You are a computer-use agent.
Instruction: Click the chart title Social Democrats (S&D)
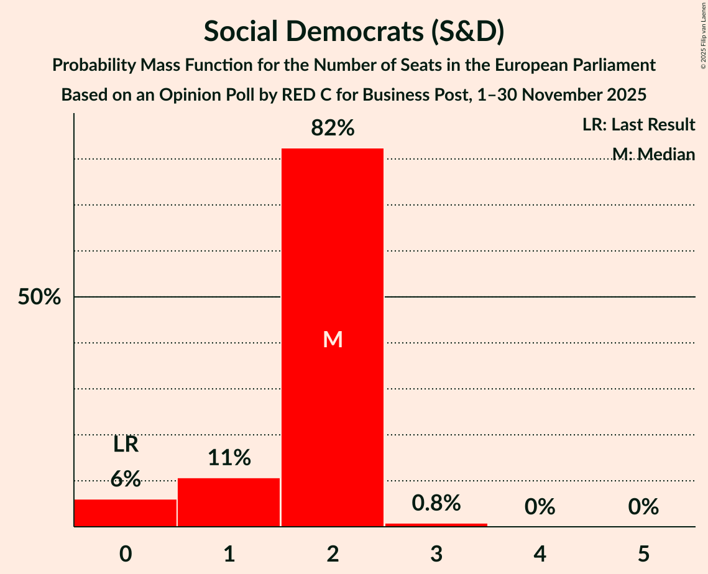[354, 32]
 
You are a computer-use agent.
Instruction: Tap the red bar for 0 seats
[126, 513]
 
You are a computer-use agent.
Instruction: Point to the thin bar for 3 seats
[436, 525]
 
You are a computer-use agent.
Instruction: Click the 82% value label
[333, 129]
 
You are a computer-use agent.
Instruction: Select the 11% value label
[229, 458]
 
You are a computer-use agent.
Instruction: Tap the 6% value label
[126, 479]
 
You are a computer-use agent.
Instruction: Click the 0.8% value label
[436, 503]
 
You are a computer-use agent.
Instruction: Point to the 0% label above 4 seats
[540, 508]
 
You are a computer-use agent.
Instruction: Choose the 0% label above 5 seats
[643, 508]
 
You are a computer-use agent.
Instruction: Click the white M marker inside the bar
[333, 339]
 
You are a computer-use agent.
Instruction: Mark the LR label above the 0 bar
[126, 445]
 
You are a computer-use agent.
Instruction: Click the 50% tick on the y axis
[39, 298]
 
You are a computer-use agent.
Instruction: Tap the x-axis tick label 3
[436, 553]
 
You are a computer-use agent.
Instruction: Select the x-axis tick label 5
[643, 553]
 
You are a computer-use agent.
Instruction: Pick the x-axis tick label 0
[126, 553]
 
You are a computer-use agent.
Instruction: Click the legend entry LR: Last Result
[638, 125]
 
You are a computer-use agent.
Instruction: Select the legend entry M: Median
[653, 154]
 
